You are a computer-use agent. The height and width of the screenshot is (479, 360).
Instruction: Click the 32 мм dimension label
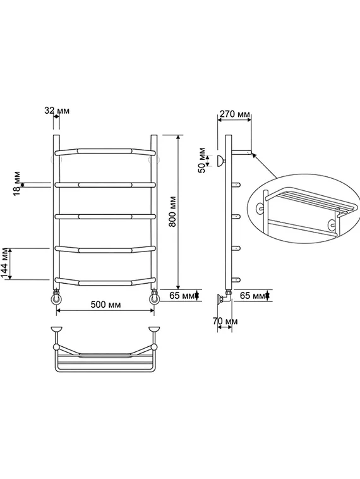(57, 111)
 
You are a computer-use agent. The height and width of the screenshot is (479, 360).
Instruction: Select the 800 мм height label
(173, 211)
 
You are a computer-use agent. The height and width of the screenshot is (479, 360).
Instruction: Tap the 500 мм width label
(105, 305)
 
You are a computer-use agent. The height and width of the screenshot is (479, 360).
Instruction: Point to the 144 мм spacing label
(6, 264)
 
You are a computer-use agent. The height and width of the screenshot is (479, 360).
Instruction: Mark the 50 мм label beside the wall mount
(203, 161)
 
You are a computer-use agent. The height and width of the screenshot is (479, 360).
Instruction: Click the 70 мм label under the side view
(225, 321)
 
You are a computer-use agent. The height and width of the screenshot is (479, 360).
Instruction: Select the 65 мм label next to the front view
(182, 296)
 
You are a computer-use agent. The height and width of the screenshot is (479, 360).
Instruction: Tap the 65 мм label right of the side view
(253, 295)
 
